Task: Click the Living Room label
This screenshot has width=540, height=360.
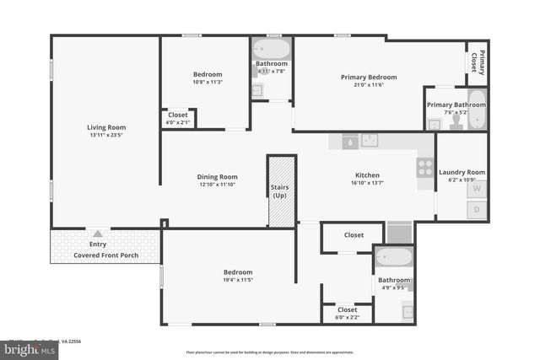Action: click(x=105, y=127)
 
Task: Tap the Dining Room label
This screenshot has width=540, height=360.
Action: click(x=217, y=177)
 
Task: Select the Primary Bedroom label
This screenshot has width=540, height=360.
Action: click(x=369, y=78)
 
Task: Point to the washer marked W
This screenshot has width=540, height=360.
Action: click(x=476, y=189)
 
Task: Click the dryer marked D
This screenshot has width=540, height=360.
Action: click(x=476, y=209)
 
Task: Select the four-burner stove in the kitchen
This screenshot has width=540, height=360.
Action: click(x=425, y=167)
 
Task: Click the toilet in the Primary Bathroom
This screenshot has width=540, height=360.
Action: click(x=456, y=121)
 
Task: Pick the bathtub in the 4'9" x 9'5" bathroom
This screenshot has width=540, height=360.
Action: click(x=394, y=257)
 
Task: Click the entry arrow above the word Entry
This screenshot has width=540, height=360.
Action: click(x=99, y=234)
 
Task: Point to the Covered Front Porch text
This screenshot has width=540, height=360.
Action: click(x=105, y=254)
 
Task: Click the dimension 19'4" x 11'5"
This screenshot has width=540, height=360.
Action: click(x=238, y=280)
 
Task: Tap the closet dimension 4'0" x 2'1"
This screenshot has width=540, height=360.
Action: click(x=178, y=123)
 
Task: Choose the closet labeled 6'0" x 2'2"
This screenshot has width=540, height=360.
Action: click(x=347, y=314)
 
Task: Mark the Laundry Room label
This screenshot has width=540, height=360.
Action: click(x=462, y=172)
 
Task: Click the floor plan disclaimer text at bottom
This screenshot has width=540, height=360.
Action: click(x=270, y=352)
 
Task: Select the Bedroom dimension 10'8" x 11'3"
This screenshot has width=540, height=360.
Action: click(x=207, y=83)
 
